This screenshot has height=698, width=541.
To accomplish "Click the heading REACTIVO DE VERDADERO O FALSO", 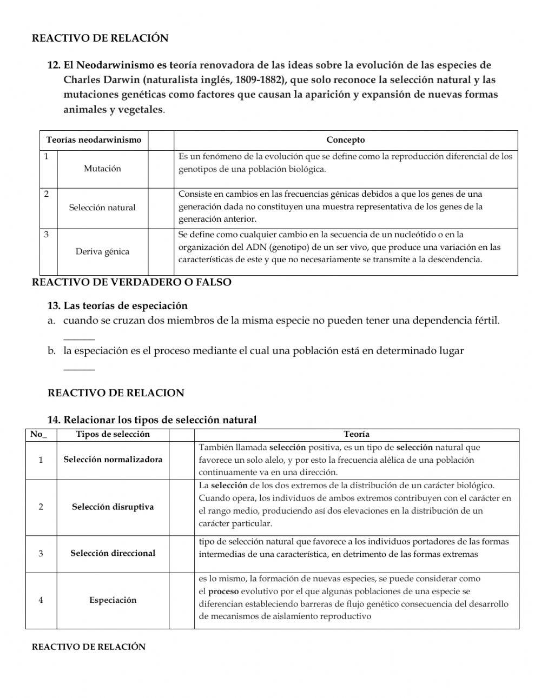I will [x=131, y=282].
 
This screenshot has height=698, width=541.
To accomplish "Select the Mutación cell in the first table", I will [x=102, y=169].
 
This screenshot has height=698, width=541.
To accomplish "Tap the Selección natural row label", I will [x=102, y=208].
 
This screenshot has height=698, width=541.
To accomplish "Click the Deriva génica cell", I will [x=102, y=251].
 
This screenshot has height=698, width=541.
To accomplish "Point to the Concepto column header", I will [x=345, y=140].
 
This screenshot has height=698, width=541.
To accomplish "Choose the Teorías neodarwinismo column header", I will [x=94, y=140].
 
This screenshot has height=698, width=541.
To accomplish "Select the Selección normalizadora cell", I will [x=113, y=460].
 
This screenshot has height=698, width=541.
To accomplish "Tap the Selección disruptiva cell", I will [x=113, y=507].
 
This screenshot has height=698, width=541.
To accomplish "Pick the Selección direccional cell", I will [x=113, y=553].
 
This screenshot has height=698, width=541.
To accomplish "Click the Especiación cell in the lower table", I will [x=113, y=600].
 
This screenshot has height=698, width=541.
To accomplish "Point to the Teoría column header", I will [x=357, y=434].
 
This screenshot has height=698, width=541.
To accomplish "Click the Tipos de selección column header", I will [x=113, y=434].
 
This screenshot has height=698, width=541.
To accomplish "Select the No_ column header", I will [x=38, y=434].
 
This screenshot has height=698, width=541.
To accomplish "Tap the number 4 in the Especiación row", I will [x=41, y=600].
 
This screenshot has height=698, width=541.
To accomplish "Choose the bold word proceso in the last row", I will [x=223, y=591].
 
